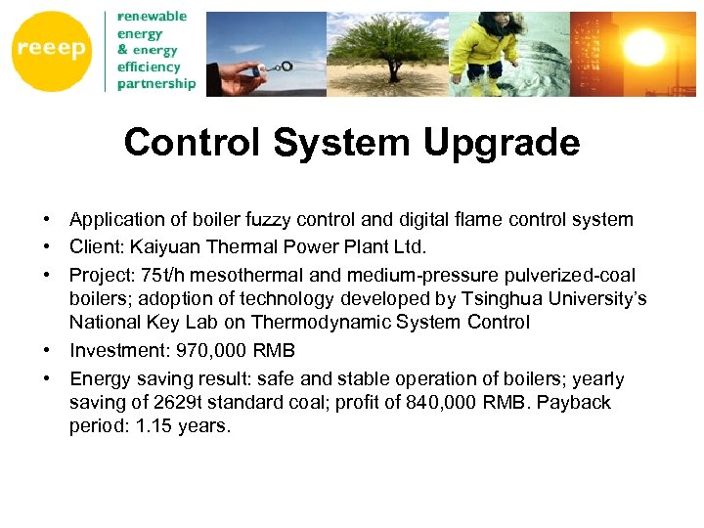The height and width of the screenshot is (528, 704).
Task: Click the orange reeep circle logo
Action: (50, 50)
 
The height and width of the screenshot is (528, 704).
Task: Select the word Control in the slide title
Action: (196, 143)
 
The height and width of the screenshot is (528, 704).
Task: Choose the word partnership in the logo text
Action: (156, 83)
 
